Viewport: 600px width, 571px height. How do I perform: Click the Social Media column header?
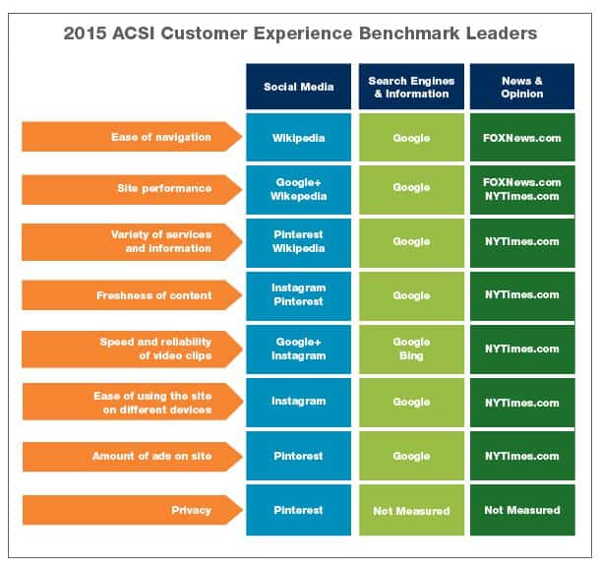pyautogui.click(x=298, y=87)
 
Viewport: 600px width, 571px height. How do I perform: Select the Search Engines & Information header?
pyautogui.click(x=411, y=87)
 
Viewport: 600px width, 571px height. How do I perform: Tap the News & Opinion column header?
pyautogui.click(x=522, y=87)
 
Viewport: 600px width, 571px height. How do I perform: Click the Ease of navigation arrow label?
pyautogui.click(x=132, y=137)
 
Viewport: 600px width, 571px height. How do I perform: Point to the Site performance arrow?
pyautogui.click(x=132, y=189)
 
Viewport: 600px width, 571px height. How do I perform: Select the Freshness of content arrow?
pyautogui.click(x=132, y=295)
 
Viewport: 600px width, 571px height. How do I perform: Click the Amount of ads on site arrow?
pyautogui.click(x=133, y=457)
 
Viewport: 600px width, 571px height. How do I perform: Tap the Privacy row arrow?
pyautogui.click(x=133, y=510)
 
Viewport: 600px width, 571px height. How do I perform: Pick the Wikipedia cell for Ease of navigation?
pyautogui.click(x=298, y=137)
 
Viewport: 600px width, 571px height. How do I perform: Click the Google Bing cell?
pyautogui.click(x=411, y=349)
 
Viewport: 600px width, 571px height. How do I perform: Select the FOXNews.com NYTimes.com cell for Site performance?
pyautogui.click(x=522, y=190)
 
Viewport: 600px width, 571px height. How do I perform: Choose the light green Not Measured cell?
pyautogui.click(x=411, y=510)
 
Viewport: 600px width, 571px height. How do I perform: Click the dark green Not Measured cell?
pyautogui.click(x=522, y=510)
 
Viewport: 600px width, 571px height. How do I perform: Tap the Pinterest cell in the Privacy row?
pyautogui.click(x=298, y=510)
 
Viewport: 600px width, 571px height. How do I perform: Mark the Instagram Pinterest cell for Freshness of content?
pyautogui.click(x=298, y=296)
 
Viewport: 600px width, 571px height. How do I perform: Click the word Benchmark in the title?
pyautogui.click(x=409, y=33)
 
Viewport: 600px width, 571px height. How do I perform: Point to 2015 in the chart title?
pyautogui.click(x=85, y=33)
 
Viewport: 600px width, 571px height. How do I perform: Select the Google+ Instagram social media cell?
pyautogui.click(x=298, y=349)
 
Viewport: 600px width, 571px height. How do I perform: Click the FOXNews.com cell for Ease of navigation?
pyautogui.click(x=522, y=137)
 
